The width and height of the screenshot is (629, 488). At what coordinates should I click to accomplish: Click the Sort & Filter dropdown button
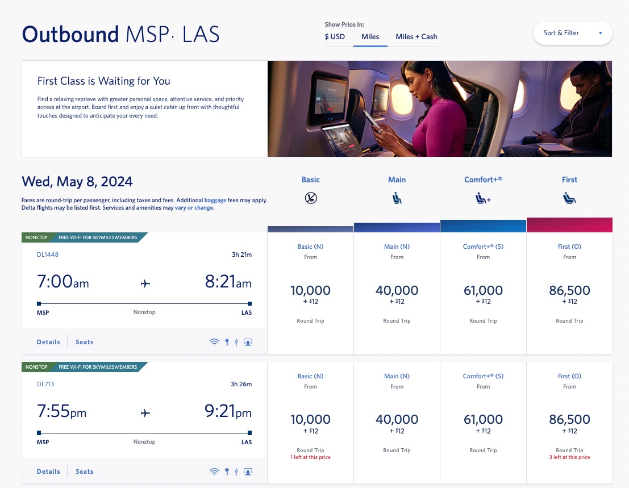572,33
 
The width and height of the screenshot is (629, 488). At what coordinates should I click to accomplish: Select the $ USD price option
335,37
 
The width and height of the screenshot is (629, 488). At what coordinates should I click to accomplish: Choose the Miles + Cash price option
416,37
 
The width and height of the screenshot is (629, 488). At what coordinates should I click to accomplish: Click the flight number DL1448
48,255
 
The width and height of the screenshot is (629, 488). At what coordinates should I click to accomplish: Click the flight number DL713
45,384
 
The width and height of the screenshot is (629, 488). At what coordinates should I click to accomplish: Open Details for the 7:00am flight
48,342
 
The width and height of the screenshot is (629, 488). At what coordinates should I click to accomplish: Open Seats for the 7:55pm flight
84,472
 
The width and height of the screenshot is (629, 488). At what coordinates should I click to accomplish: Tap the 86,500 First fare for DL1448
569,291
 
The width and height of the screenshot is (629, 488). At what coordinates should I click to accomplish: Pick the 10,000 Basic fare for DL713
310,420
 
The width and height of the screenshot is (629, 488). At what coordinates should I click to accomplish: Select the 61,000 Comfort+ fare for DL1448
483,291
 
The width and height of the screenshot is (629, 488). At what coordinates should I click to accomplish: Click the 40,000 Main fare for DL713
397,420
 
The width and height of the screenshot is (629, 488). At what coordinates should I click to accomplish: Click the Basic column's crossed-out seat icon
311,198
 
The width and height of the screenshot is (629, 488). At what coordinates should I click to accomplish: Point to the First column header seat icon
569,198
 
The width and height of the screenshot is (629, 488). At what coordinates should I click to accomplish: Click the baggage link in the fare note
215,200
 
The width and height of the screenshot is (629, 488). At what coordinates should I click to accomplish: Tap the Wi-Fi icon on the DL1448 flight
214,342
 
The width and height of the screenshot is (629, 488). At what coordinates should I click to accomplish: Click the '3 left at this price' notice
569,457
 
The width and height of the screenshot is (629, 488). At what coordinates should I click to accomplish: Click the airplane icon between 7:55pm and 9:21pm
145,413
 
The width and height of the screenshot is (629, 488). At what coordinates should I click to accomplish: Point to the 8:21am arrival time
228,282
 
